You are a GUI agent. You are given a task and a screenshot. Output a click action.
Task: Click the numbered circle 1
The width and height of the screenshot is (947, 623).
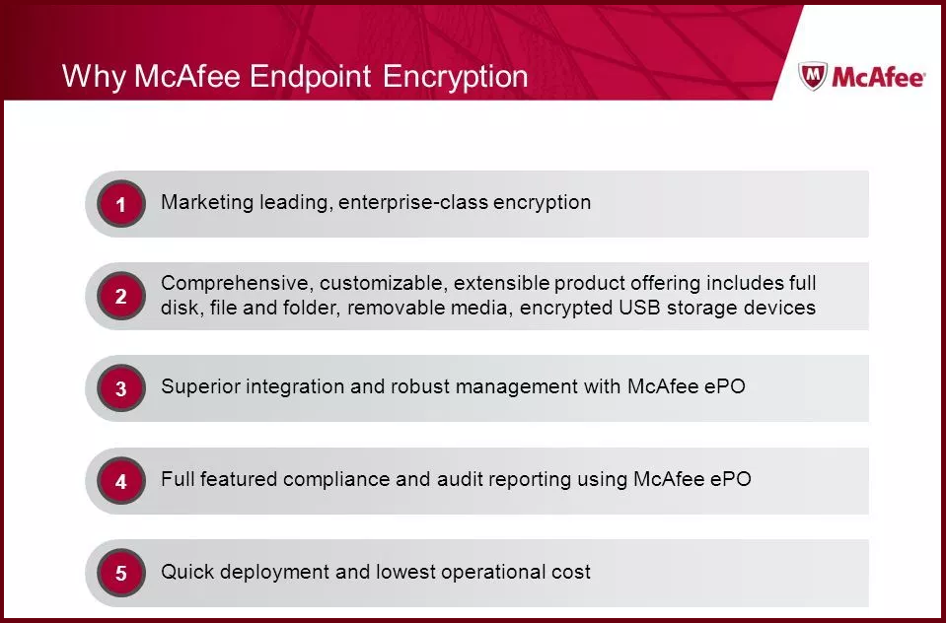point(121,204)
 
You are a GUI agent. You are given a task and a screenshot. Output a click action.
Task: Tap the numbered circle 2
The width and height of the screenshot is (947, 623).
point(121,296)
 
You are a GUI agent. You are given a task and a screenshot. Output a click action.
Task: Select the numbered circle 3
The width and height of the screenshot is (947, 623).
point(121,388)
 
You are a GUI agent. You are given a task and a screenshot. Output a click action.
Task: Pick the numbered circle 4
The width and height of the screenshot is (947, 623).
point(121,481)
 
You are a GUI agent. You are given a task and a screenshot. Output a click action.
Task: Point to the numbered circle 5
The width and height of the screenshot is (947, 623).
point(121,573)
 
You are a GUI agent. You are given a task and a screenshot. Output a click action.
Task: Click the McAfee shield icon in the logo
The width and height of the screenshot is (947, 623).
point(812,77)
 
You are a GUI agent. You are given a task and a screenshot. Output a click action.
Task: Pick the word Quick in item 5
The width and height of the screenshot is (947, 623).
point(185,572)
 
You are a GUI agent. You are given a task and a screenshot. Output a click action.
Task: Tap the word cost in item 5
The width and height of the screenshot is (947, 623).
point(571,572)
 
